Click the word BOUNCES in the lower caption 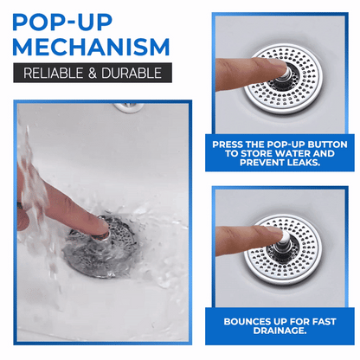click(245, 320)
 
